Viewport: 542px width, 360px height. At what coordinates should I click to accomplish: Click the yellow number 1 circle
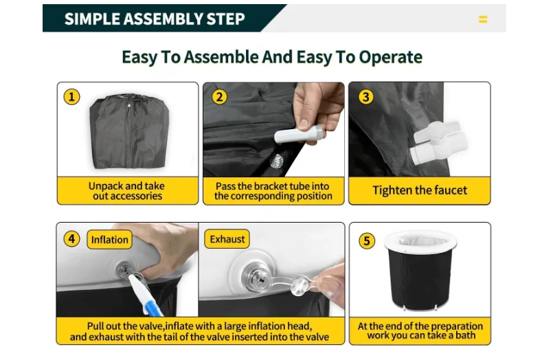[72, 97]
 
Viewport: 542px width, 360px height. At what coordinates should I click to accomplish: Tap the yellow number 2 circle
[220, 97]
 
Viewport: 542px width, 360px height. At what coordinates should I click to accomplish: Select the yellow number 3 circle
[366, 97]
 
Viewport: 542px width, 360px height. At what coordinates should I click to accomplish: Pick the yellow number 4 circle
[72, 239]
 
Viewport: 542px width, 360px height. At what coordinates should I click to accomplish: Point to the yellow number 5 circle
[367, 241]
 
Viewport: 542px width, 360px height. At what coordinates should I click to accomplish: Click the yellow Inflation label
[110, 239]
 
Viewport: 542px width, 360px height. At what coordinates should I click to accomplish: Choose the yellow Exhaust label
[227, 239]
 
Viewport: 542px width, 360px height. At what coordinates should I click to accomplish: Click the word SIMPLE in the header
[92, 19]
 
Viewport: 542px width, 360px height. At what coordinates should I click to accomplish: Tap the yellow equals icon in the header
[483, 19]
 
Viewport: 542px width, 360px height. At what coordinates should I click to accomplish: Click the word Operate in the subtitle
[391, 57]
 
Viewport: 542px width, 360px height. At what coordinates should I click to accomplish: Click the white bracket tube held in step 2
[299, 134]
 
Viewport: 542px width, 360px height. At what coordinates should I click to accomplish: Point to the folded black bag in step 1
[129, 131]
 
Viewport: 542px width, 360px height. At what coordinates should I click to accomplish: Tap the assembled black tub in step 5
[420, 271]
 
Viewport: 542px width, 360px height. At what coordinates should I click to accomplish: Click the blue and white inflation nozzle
[145, 295]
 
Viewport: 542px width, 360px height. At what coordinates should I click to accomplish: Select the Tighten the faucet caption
[420, 190]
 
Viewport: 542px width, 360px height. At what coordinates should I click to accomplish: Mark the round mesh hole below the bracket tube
[276, 161]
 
